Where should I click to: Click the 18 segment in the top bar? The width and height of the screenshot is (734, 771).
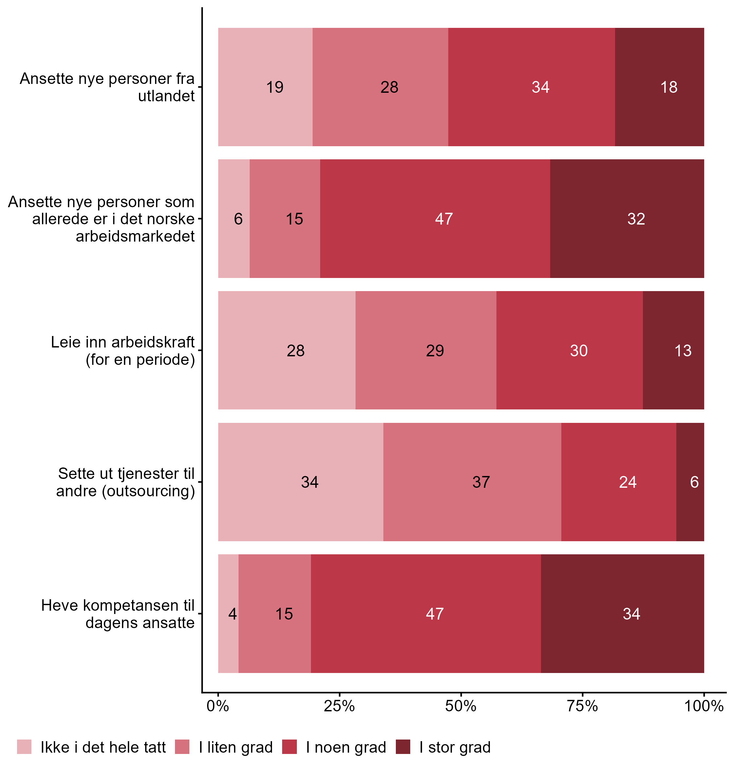pyautogui.click(x=659, y=87)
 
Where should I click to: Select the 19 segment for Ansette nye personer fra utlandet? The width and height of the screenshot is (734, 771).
pyautogui.click(x=265, y=87)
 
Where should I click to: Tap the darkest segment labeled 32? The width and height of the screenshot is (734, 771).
pyautogui.click(x=627, y=218)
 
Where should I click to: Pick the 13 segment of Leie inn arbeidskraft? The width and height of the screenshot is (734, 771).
pyautogui.click(x=673, y=350)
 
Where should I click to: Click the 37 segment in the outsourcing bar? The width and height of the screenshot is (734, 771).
pyautogui.click(x=472, y=482)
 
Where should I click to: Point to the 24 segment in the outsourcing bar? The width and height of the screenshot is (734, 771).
pyautogui.click(x=619, y=482)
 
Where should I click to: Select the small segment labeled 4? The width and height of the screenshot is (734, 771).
pyautogui.click(x=228, y=614)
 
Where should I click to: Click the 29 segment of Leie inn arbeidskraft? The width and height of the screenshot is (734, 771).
pyautogui.click(x=426, y=350)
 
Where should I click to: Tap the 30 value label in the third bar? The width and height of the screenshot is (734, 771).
pyautogui.click(x=579, y=350)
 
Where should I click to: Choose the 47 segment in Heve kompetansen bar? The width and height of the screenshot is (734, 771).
pyautogui.click(x=426, y=614)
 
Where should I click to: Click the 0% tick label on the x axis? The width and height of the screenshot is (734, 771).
pyautogui.click(x=218, y=706)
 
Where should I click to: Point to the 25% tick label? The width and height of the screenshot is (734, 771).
pyautogui.click(x=339, y=706)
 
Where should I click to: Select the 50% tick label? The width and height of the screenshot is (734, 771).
pyautogui.click(x=461, y=706)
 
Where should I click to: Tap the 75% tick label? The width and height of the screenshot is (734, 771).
pyautogui.click(x=583, y=706)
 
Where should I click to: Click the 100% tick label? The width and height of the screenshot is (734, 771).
pyautogui.click(x=704, y=706)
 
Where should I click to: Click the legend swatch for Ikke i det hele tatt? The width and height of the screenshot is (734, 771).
pyautogui.click(x=24, y=747)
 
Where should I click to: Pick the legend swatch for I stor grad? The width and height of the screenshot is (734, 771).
pyautogui.click(x=403, y=747)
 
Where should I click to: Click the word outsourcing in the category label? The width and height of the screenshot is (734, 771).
pyautogui.click(x=148, y=491)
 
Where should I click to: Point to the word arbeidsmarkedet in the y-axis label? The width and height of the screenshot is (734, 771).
pyautogui.click(x=135, y=236)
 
